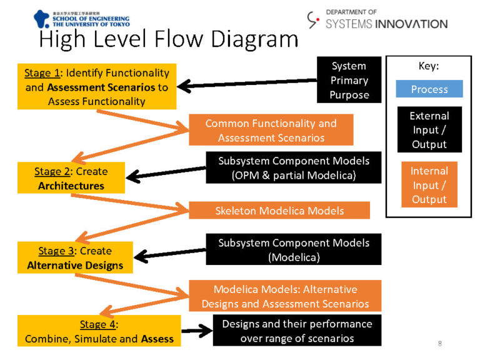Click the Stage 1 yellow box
click(97, 87)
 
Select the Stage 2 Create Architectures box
click(71, 178)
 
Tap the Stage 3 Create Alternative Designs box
click(75, 258)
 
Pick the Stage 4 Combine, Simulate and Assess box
click(99, 331)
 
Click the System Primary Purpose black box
click(349, 81)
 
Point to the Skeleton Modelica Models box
click(279, 211)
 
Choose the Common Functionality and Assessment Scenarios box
click(271, 130)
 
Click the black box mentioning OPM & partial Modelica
click(293, 168)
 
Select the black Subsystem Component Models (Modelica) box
click(293, 249)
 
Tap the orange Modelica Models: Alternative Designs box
click(284, 297)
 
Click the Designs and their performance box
click(297, 331)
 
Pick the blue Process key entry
click(429, 89)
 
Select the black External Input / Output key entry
click(429, 130)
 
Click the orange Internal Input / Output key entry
click(429, 185)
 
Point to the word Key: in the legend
click(429, 66)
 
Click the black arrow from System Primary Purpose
click(247, 83)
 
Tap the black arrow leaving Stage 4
click(196, 331)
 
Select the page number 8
click(439, 343)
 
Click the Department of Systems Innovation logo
click(377, 19)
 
